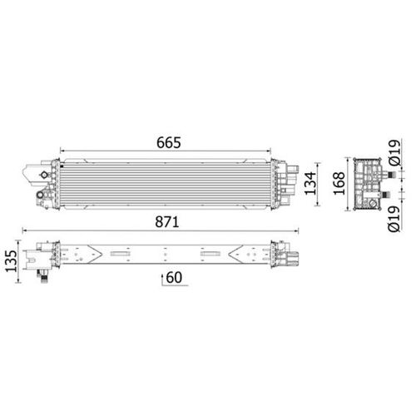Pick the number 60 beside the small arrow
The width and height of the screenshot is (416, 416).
click(176, 276)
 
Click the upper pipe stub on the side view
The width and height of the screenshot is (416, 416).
click(386, 169)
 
